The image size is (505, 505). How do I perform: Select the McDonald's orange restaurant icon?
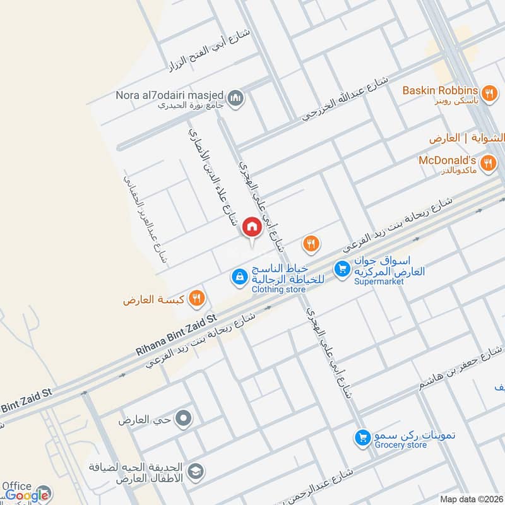[x=487, y=165]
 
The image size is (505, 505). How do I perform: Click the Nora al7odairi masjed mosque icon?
[x=235, y=99]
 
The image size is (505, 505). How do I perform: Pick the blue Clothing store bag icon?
[x=239, y=276]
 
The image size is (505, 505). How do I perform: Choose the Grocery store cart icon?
[x=362, y=437]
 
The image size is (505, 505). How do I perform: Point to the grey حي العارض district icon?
[x=184, y=418]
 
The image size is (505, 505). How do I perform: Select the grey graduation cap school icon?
[x=197, y=470]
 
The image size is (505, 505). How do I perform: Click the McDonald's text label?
[x=446, y=160]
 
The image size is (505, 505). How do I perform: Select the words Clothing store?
[x=278, y=290]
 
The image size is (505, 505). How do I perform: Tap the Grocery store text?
[x=400, y=445]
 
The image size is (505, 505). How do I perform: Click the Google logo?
[x=28, y=496]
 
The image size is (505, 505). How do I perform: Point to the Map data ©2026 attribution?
[x=471, y=499]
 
